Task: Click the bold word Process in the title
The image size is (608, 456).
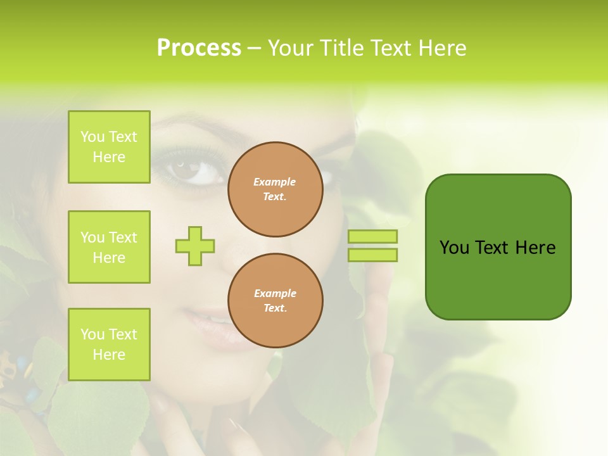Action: (199, 48)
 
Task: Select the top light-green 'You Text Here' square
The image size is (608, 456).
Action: (109, 147)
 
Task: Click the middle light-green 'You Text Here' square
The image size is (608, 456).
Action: (109, 247)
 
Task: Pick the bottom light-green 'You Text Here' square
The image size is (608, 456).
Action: (109, 345)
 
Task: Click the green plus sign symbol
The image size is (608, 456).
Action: (195, 246)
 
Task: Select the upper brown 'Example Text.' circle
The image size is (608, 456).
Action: (275, 189)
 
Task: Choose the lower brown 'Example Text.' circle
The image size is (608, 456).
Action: (275, 300)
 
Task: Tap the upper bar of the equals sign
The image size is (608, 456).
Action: (372, 236)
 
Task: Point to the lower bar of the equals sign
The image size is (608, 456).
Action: (372, 255)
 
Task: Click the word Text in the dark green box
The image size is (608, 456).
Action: (493, 248)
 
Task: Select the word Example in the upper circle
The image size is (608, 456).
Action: (275, 182)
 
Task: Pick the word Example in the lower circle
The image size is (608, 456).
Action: (275, 293)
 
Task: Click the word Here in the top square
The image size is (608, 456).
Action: (109, 157)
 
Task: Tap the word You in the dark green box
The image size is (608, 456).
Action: (454, 248)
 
